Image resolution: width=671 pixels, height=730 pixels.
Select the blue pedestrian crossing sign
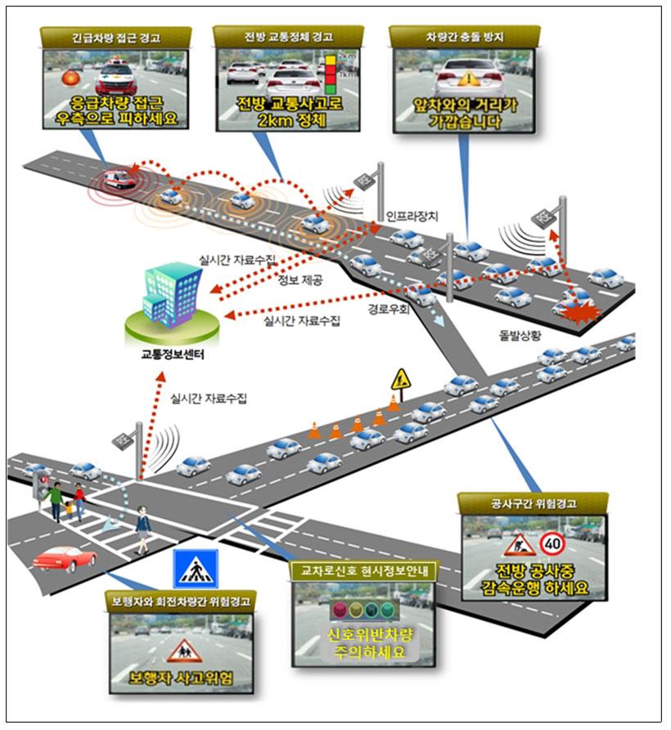tap(195, 568)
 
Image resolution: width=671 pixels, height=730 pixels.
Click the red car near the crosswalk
tap(65, 559)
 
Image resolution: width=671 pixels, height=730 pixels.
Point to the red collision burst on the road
tap(583, 314)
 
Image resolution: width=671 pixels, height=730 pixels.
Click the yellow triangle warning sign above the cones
tap(400, 379)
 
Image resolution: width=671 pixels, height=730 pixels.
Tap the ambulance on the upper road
tap(119, 178)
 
